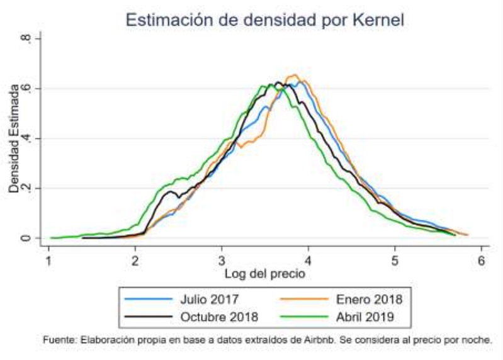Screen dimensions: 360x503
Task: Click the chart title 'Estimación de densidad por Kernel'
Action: [264, 20]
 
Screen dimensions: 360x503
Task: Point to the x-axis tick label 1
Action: [48, 261]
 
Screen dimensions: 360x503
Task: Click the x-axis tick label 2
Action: [135, 261]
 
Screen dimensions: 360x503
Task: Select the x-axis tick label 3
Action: [222, 261]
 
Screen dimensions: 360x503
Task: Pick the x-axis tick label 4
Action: [308, 261]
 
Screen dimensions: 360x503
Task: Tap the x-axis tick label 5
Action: [395, 261]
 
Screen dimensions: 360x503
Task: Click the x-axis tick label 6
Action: [481, 261]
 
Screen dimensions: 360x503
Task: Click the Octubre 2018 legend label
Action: [217, 317]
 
